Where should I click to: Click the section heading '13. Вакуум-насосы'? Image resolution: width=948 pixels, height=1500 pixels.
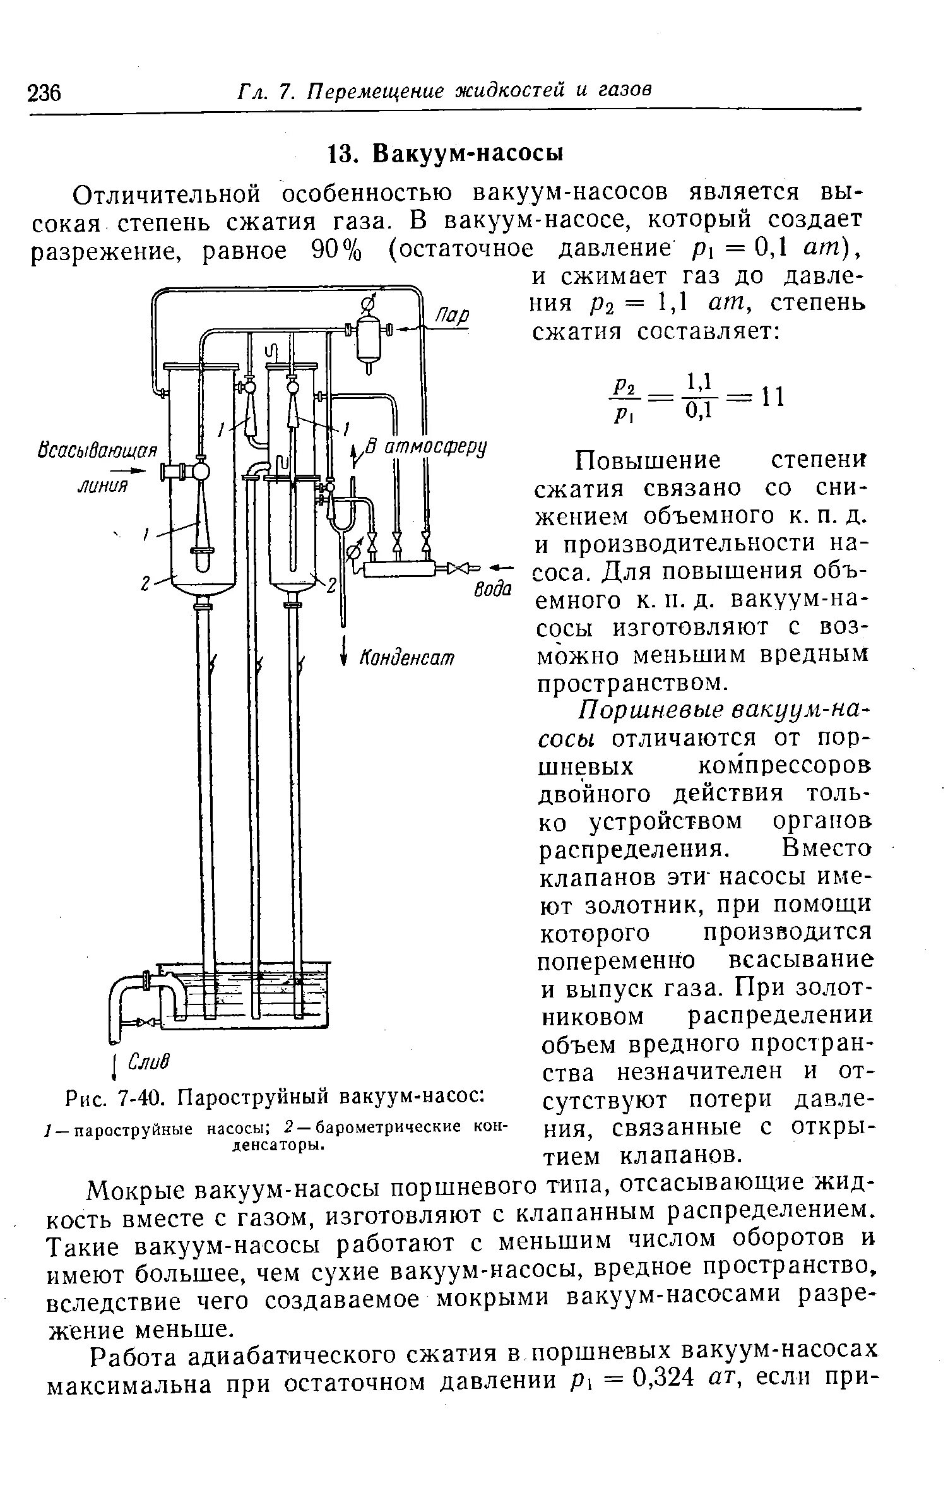[x=445, y=153]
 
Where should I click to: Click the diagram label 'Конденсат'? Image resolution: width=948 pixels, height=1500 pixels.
[x=407, y=657]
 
